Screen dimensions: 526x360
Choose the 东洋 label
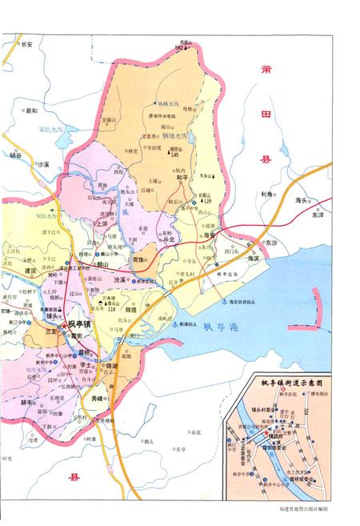pyautogui.click(x=319, y=215)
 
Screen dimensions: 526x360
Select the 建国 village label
pyautogui.click(x=31, y=272)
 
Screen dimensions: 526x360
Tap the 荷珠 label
pyautogui.click(x=138, y=261)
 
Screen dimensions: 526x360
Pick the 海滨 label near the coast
pyautogui.click(x=254, y=259)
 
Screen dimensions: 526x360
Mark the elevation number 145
pyautogui.click(x=174, y=154)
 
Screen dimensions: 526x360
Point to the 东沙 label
pyautogui.click(x=270, y=243)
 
